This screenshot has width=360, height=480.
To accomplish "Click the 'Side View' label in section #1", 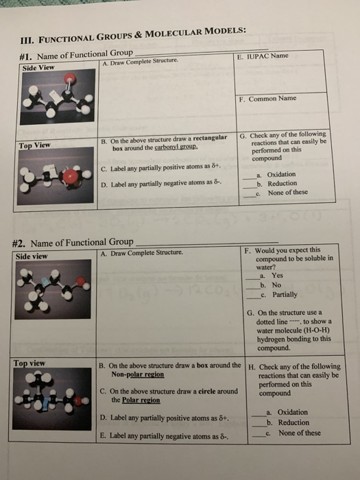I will coord(39,69).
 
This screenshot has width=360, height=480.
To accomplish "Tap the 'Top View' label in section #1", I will coord(35,145).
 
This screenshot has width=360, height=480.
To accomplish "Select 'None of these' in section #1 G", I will coord(288,193).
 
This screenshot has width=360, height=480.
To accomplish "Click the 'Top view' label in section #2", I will coord(31,363).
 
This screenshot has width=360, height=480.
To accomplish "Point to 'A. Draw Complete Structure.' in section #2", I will coord(141,252).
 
